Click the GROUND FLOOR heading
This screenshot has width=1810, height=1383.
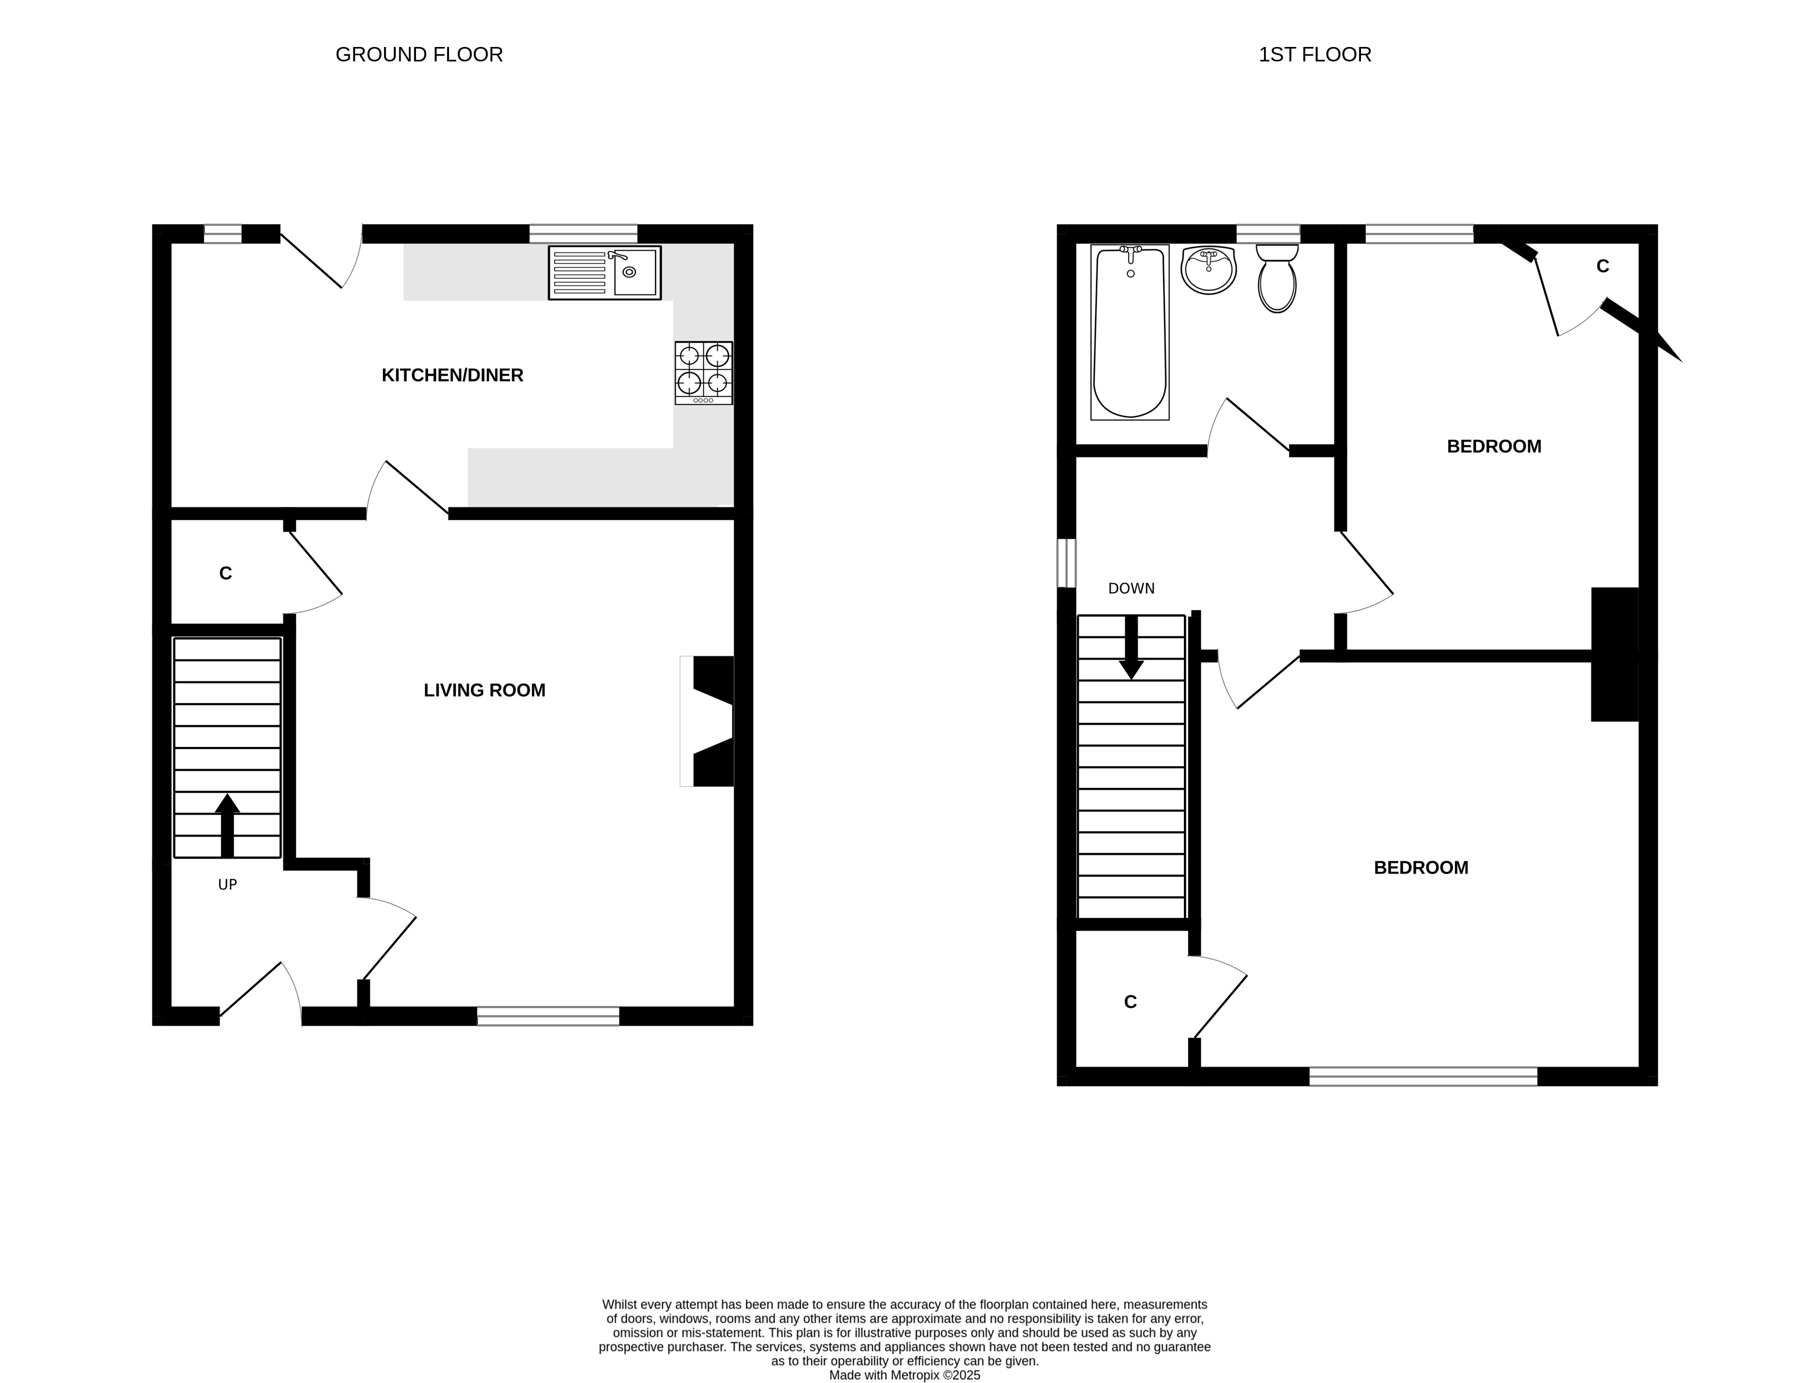[x=419, y=54]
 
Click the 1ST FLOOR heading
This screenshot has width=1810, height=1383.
[x=1315, y=54]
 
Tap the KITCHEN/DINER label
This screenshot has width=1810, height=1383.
[x=452, y=375]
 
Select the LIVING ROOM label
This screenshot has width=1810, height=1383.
[x=484, y=691]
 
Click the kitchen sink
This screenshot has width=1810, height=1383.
[x=604, y=273]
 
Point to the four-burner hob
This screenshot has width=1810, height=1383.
[x=704, y=373]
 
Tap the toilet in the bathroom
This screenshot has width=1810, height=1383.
[x=1277, y=278]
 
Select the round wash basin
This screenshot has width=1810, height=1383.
[x=1208, y=270]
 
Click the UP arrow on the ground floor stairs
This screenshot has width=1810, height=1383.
[x=227, y=825]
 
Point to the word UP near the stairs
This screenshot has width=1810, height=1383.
[x=227, y=885]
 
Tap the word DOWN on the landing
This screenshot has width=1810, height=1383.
[x=1131, y=589]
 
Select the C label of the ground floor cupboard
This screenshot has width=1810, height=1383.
[x=226, y=574]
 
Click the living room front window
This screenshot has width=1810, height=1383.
[x=548, y=1016]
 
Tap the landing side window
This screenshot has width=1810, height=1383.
[x=1067, y=563]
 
